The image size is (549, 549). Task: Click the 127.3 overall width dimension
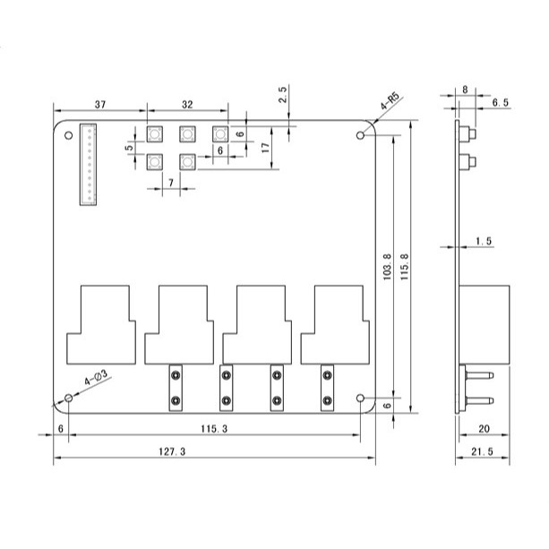click(172, 451)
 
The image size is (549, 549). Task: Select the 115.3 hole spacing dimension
click(214, 429)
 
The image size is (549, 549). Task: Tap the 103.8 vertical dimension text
click(387, 267)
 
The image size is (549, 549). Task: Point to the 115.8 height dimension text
click(405, 267)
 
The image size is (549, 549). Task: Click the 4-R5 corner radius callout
click(390, 101)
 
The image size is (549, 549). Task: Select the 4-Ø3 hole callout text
click(96, 377)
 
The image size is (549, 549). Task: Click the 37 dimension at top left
click(100, 105)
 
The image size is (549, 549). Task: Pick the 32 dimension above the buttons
click(187, 105)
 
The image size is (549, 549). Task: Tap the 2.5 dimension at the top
click(282, 94)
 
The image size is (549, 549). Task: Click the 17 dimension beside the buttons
click(266, 148)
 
